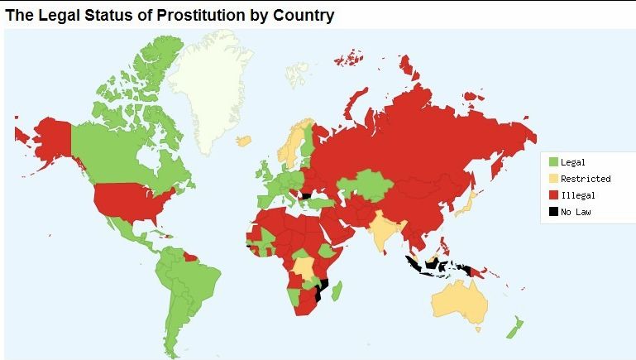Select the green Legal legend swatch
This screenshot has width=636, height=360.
tap(553, 162)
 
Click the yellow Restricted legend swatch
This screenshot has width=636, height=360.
tap(553, 179)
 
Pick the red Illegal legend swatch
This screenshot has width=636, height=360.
tap(553, 195)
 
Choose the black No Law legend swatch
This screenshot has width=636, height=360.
tap(553, 212)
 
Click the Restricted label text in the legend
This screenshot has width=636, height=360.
tap(586, 179)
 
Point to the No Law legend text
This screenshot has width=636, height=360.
tap(576, 212)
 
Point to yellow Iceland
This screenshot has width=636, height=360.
tap(243, 140)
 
